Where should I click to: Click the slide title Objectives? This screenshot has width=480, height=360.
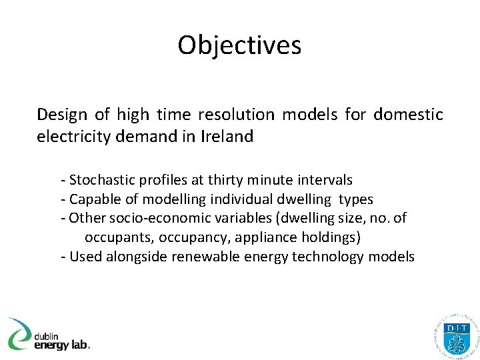[x=239, y=45]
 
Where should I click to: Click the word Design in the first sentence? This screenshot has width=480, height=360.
[x=62, y=115]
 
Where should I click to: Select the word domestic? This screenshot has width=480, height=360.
[x=408, y=115]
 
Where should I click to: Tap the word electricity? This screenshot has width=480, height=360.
[x=73, y=137]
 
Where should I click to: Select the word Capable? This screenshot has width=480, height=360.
[x=93, y=199]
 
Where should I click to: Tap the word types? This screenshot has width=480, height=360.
[x=355, y=199]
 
